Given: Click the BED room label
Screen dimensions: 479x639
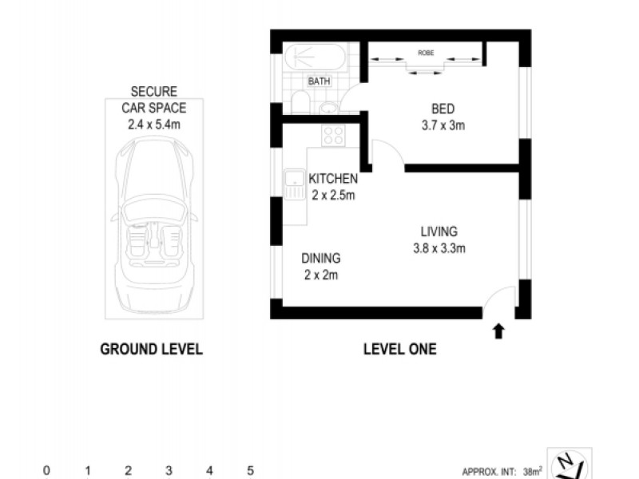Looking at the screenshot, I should coord(443,109).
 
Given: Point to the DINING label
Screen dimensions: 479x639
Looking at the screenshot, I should coord(321,258).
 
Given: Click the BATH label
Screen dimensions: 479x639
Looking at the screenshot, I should coord(319,81).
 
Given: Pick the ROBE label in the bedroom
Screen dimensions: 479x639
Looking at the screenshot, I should coord(426,53).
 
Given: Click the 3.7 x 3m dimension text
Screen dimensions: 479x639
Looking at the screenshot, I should coord(443,125).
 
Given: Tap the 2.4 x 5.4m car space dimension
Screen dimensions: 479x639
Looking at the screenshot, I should coord(154,124).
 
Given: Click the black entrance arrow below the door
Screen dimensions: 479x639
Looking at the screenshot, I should coord(499,331).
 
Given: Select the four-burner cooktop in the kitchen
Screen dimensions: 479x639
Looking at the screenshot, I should coord(333,135).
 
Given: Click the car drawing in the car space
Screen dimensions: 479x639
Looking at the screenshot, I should coord(154,228).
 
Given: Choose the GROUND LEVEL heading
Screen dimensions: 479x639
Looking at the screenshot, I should coord(151,349).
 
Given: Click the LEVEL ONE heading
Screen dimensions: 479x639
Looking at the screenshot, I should coord(399,349).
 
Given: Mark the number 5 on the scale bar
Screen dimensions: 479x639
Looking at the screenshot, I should coord(250,471).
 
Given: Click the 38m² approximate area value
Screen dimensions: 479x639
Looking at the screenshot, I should coord(532,471).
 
